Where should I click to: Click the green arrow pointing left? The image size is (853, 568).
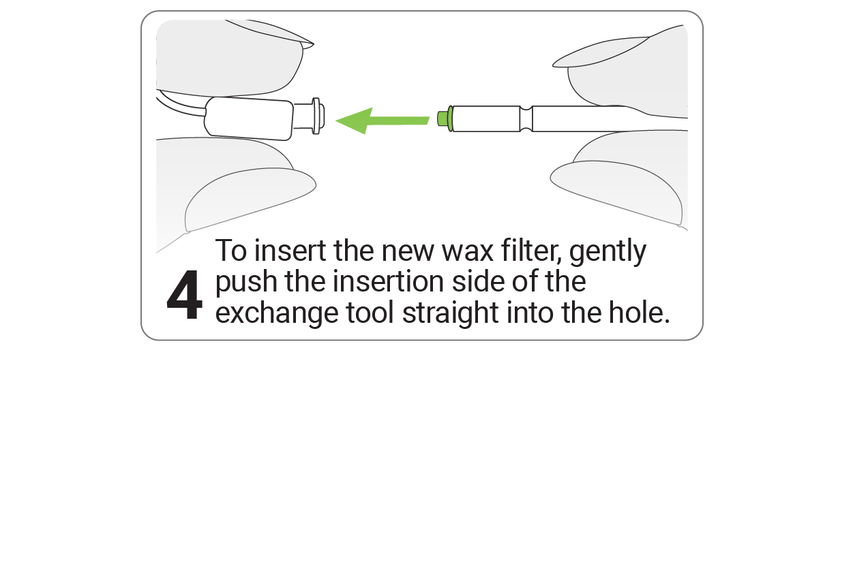pyautogui.click(x=382, y=121)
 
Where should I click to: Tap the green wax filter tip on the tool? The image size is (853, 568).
pyautogui.click(x=445, y=119)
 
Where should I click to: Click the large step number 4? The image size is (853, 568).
pyautogui.click(x=184, y=294)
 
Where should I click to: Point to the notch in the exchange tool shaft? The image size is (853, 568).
pyautogui.click(x=526, y=119)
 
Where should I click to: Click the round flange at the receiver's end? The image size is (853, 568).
pyautogui.click(x=316, y=116)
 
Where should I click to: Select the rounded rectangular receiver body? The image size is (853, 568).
pyautogui.click(x=249, y=119)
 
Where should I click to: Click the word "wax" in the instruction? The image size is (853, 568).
pyautogui.click(x=468, y=251)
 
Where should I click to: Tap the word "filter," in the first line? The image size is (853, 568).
pyautogui.click(x=532, y=251)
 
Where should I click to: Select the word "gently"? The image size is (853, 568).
pyautogui.click(x=608, y=253)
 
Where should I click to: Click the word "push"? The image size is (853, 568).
pyautogui.click(x=246, y=282)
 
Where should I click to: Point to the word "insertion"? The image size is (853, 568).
pyautogui.click(x=389, y=281)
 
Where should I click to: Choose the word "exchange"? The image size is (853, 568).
pyautogui.click(x=277, y=314)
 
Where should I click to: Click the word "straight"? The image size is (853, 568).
pyautogui.click(x=451, y=314)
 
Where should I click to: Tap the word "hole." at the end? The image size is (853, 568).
pyautogui.click(x=639, y=313)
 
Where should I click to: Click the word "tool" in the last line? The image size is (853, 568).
pyautogui.click(x=370, y=313)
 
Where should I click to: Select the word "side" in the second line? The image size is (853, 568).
pyautogui.click(x=478, y=281)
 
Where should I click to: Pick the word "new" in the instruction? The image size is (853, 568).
pyautogui.click(x=408, y=252)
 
